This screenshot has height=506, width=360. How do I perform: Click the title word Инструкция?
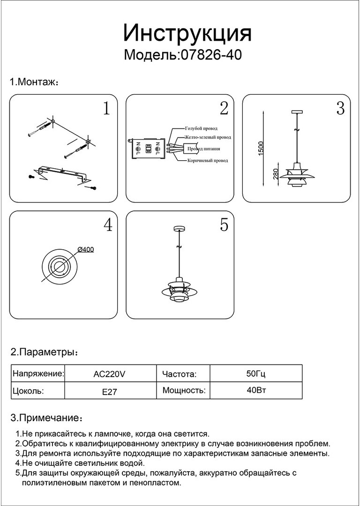point(187,34)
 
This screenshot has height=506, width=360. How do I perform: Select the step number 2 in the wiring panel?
point(224,108)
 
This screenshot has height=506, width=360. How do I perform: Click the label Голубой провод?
point(201,128)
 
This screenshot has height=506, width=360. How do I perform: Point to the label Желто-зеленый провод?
point(208,138)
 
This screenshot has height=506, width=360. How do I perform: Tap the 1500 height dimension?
point(262,148)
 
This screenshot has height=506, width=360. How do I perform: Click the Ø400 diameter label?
point(85,250)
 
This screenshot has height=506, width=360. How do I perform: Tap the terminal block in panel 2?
point(148,149)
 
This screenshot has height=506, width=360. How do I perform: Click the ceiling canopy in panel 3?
point(297,112)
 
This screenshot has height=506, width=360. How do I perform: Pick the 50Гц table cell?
point(256,374)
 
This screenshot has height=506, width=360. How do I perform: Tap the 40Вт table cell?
point(256,390)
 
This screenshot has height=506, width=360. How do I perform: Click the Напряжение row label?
point(38,374)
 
